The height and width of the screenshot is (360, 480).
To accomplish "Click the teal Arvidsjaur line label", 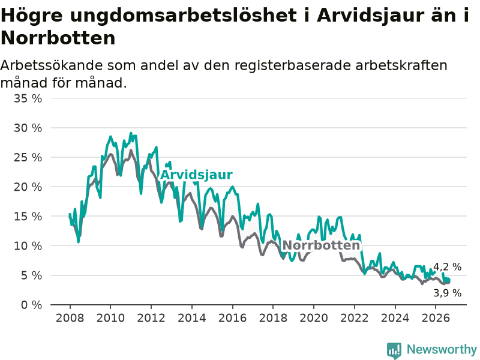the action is click(196, 175).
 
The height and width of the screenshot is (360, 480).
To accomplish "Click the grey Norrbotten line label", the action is click(321, 245).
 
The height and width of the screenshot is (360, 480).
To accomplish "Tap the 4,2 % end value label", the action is click(447, 267).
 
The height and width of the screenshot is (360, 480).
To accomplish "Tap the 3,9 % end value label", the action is click(447, 293).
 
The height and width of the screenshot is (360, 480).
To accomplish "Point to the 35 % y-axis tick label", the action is click(28, 98).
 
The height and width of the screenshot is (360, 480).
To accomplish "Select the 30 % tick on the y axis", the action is click(28, 128).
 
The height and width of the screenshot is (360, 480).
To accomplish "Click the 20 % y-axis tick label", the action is click(28, 187).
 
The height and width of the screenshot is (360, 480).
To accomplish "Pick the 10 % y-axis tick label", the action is click(28, 246).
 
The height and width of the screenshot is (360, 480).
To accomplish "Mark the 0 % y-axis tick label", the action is click(32, 305).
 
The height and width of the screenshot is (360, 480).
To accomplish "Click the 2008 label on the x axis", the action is click(70, 318).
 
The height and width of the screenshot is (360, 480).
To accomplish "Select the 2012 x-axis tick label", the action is click(151, 318).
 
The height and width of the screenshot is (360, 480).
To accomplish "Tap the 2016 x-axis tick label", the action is click(232, 318).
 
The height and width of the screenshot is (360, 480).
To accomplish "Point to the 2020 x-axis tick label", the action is click(314, 318).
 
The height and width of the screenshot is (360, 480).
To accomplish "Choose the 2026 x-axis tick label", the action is click(436, 318).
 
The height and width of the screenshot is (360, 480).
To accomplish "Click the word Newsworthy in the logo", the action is click(442, 349).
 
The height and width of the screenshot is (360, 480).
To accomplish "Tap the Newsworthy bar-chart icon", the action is click(394, 350).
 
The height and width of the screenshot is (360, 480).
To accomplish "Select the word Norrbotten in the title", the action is click(58, 38).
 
